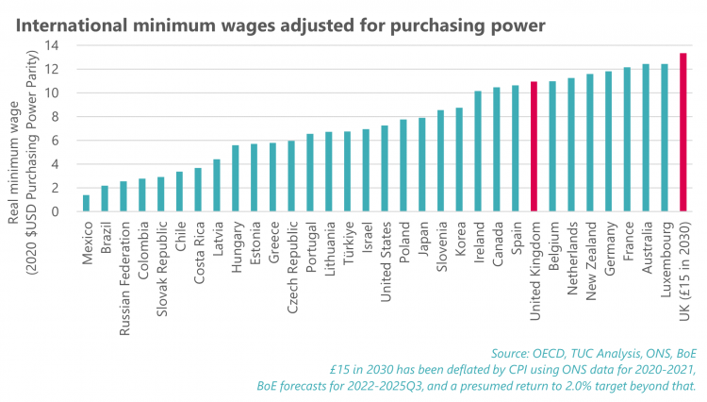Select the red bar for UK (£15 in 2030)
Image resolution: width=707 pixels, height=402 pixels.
[x=682, y=132]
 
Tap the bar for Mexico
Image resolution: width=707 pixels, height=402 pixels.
[x=87, y=203]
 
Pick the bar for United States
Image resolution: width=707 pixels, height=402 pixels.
[x=385, y=168]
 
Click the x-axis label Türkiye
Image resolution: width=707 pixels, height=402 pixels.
[x=347, y=247]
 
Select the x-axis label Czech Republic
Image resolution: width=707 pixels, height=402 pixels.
[x=291, y=261]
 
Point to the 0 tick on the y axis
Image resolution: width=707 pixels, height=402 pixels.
[x=59, y=211]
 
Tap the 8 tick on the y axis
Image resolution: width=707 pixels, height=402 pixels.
[x=59, y=117]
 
